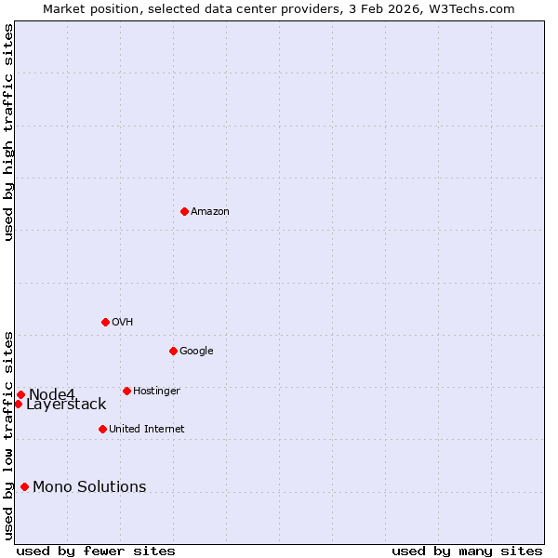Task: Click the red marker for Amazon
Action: pos(184,211)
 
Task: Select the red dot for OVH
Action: pos(105,322)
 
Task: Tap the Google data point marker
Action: pos(173,351)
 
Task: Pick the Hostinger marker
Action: pos(126,391)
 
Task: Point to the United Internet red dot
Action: pos(102,429)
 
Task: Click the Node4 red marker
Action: pos(20,394)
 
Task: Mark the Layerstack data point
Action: pos(18,404)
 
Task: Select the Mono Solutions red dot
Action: pos(24,486)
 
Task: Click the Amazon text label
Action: pos(210,212)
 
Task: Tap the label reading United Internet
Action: pos(146,430)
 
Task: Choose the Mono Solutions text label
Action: pos(89,487)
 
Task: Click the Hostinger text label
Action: pos(156,392)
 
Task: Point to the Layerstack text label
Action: pos(66,405)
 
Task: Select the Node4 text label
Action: pos(51,394)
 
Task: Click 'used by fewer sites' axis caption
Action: pos(96,551)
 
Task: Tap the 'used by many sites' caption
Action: pos(467,551)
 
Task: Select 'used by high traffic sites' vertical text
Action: pos(8,132)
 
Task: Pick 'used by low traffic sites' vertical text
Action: pos(8,434)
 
